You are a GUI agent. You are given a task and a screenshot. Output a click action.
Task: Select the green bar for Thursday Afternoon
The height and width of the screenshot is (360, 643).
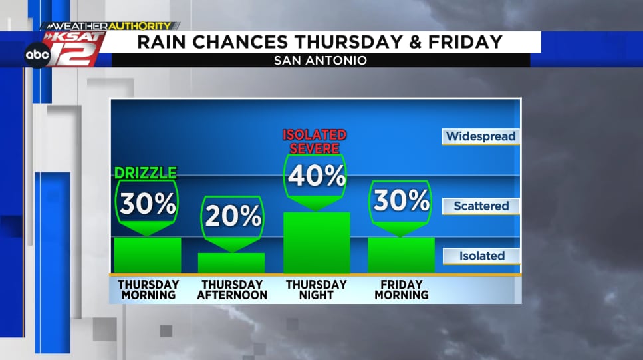coord(231,263)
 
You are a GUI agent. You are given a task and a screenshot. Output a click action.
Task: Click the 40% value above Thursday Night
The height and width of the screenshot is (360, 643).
coord(316,176)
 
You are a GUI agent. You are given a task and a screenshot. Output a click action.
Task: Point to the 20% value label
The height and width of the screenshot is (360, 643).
coord(232,216)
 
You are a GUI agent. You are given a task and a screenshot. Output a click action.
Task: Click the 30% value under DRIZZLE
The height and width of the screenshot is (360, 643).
coord(147,204)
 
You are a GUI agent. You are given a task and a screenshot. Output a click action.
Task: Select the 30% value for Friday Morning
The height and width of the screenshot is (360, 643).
coord(401,200)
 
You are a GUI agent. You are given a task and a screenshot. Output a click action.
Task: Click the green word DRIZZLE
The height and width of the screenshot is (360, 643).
coord(146,173)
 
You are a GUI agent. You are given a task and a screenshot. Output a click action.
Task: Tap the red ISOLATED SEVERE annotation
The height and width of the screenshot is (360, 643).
coord(316,142)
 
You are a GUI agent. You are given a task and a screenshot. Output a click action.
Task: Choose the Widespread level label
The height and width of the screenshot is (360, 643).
coord(481,136)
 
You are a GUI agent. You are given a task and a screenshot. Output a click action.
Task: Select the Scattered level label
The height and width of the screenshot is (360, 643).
coord(481,206)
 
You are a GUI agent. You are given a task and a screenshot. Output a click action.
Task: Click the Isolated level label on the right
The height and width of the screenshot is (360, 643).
coord(481,256)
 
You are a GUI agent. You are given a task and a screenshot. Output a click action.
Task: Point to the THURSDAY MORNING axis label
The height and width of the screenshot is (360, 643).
coord(148,289)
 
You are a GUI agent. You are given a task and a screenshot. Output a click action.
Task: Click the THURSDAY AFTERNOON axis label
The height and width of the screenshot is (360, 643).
coord(232,289)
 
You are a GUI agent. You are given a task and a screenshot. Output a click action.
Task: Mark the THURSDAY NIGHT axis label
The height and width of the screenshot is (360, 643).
coord(317,289)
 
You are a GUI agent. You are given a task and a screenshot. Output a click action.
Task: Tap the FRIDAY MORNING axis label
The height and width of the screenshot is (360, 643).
coord(401,289)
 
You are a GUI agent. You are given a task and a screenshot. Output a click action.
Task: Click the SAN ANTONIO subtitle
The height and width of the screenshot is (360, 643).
coord(321,61)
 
